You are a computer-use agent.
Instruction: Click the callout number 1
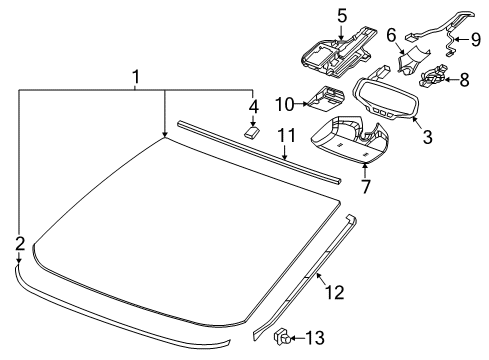pos(135,77)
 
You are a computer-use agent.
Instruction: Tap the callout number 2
pos(20,244)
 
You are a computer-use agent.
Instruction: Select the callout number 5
pos(342,16)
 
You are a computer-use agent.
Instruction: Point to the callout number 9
pos(476,39)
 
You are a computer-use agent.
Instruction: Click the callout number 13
pos(315,338)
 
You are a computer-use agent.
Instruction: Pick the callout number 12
pos(335,292)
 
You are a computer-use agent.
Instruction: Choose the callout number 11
pos(287,135)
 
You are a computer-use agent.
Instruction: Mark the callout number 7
pos(366,186)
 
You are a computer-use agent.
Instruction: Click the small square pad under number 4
pos(252,132)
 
